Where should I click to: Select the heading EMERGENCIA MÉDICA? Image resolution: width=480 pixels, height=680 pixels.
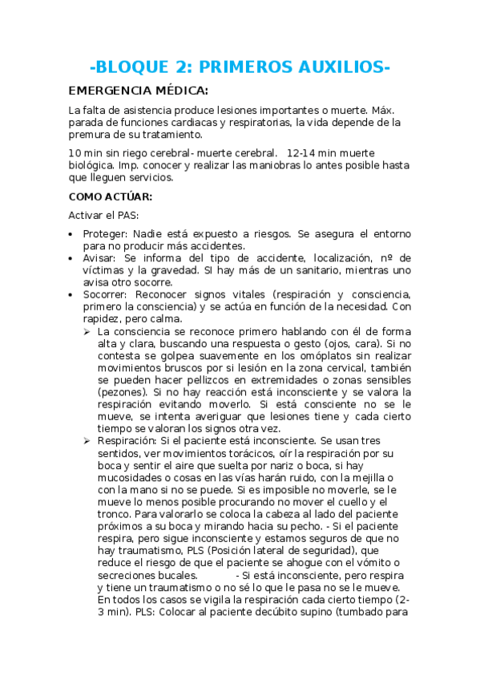click(139, 90)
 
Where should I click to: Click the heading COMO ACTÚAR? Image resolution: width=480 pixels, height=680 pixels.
click(110, 196)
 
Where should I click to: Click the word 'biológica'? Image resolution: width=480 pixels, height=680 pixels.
click(95, 165)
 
